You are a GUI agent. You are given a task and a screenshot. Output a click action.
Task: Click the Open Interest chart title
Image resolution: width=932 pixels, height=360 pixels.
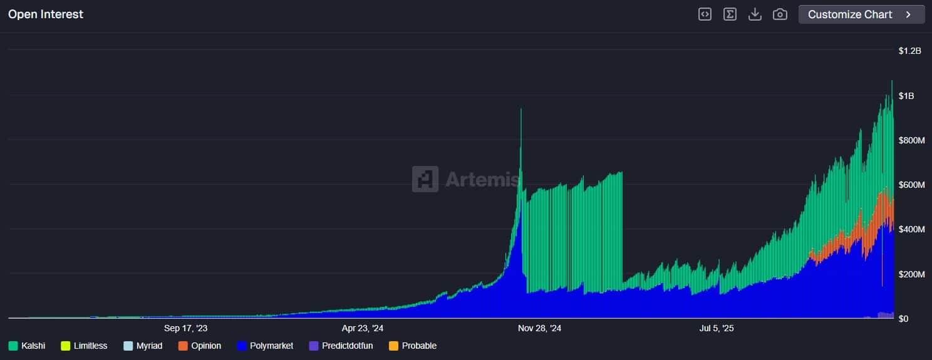[46, 14]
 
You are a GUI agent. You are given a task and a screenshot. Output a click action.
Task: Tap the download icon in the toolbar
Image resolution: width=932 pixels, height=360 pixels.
[755, 14]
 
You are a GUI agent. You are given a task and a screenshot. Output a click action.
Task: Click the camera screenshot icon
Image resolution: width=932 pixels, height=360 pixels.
[780, 14]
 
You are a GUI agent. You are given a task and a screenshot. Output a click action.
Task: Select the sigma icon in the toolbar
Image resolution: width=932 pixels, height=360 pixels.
[730, 14]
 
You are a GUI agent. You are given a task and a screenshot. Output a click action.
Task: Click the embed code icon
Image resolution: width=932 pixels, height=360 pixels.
[705, 14]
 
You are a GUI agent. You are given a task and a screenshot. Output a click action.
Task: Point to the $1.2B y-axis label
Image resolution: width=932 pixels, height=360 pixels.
[909, 51]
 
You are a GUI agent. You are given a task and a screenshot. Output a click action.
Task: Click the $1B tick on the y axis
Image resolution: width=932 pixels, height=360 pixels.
[906, 96]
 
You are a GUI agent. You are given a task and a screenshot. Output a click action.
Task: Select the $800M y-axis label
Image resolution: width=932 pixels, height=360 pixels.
[911, 140]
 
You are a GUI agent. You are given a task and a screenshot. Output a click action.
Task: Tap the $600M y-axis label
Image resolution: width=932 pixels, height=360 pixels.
[911, 185]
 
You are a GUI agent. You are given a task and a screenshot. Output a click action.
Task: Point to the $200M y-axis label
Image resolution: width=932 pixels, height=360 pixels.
[911, 274]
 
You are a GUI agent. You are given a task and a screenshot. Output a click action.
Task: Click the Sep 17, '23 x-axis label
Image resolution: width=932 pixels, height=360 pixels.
[185, 328]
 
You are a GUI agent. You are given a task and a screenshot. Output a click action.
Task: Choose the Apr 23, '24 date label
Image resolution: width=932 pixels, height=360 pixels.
[363, 328]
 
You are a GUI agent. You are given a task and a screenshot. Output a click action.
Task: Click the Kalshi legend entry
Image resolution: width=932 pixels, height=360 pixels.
[27, 346]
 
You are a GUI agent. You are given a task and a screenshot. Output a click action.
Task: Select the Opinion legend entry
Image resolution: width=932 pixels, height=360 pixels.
[200, 346]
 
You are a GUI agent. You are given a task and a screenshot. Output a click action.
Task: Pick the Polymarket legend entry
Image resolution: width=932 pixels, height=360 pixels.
[265, 346]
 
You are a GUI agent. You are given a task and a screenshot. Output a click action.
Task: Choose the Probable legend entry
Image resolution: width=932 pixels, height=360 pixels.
[413, 346]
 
